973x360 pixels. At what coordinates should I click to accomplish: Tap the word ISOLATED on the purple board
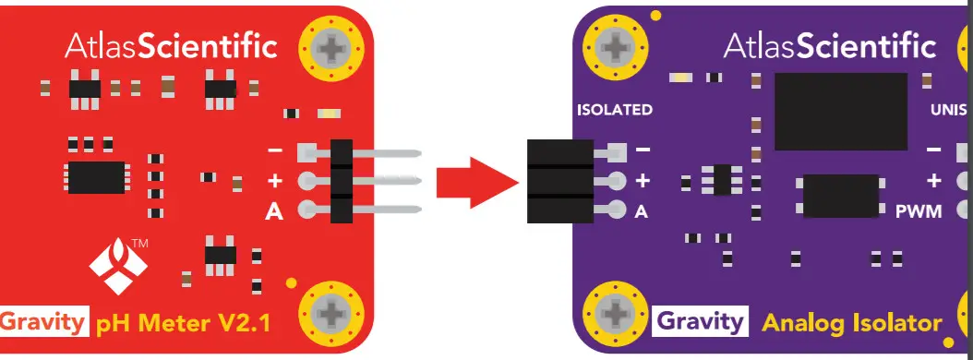click(614, 110)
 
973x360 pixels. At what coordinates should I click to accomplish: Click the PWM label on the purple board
click(919, 211)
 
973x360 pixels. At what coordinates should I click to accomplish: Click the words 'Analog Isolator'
click(851, 322)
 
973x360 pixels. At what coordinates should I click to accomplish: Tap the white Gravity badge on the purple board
click(701, 321)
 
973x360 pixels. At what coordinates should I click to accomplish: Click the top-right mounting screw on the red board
click(330, 47)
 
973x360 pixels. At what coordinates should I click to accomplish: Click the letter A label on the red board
click(274, 211)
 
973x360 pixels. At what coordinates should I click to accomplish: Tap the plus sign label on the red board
click(274, 180)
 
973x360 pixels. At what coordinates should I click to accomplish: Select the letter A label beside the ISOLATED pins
click(642, 211)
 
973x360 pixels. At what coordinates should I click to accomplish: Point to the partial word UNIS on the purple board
click(951, 110)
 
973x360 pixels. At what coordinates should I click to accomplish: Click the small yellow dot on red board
click(291, 283)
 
